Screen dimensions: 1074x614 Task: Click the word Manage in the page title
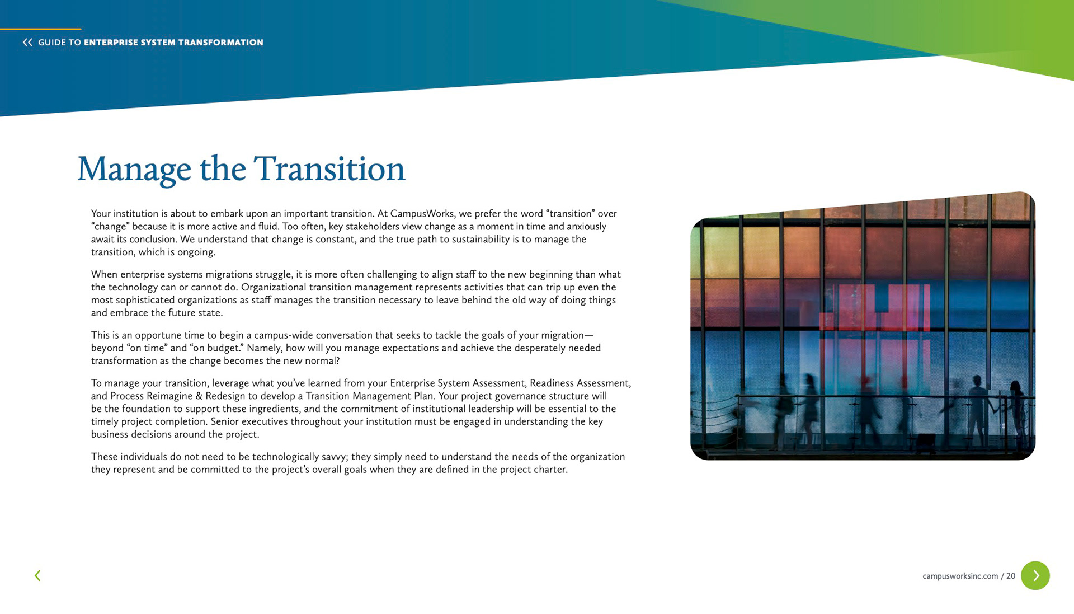pos(134,169)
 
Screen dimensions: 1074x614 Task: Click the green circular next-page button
pos(1035,575)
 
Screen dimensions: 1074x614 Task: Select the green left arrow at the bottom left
pos(37,575)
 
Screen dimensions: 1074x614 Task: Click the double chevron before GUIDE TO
pos(27,42)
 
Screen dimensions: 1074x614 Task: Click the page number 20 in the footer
pos(1011,576)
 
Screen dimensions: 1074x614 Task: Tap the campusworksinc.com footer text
pos(960,576)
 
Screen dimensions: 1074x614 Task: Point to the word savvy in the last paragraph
pos(334,457)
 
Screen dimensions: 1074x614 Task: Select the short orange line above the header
pos(40,29)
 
